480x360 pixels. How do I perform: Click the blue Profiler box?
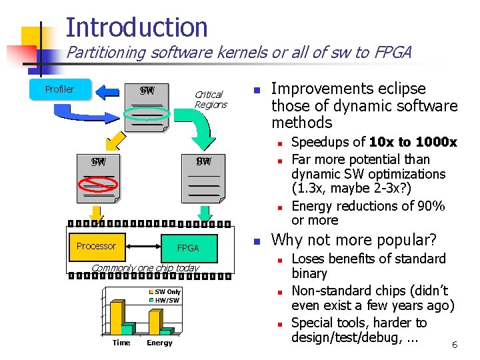click(x=59, y=89)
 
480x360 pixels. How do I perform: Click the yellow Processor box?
click(x=96, y=246)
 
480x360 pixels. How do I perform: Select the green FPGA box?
click(x=188, y=248)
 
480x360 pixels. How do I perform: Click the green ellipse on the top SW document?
click(x=147, y=113)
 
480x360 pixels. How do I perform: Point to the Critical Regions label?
click(x=211, y=99)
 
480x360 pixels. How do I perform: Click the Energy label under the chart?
click(x=159, y=343)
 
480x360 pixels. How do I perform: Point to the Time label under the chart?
click(x=121, y=343)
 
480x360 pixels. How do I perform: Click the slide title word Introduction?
click(x=137, y=27)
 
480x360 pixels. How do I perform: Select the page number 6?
click(x=454, y=345)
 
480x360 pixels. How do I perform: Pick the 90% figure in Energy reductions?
click(x=429, y=206)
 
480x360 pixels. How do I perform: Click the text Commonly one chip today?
click(x=145, y=268)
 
